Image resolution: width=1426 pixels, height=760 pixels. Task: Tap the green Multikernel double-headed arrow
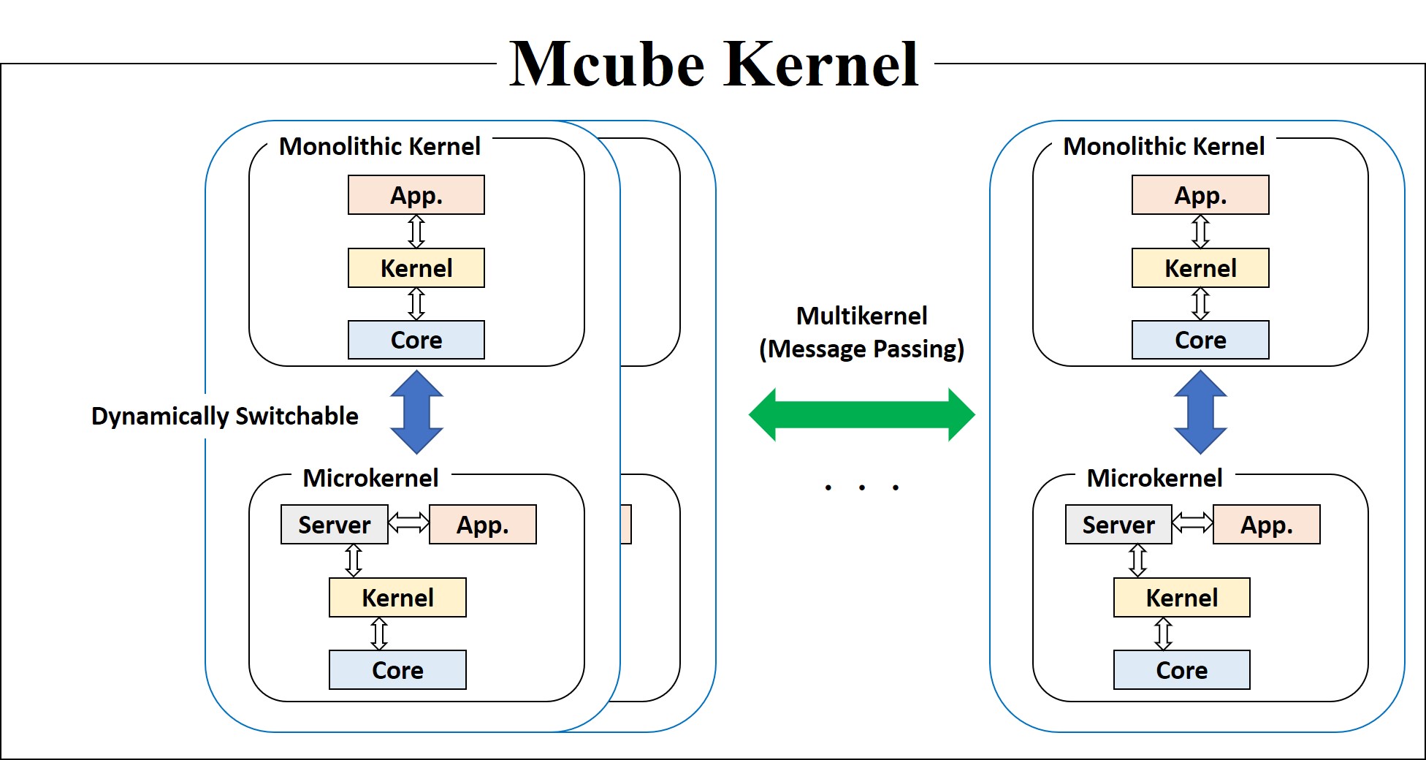pos(862,414)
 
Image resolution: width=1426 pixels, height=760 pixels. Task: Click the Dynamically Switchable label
pos(224,416)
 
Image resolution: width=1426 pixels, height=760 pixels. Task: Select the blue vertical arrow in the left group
pos(416,412)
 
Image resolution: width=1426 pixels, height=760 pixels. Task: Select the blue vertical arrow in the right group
pos(1200,412)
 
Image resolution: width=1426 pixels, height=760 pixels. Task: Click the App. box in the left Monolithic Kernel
pos(416,195)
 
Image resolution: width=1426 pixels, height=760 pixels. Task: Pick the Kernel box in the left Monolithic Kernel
pos(416,268)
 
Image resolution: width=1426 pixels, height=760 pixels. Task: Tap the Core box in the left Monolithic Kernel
pos(416,340)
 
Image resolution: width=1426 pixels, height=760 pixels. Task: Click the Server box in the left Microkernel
pos(334,525)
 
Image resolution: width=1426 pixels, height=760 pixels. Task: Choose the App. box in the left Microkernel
pos(482,525)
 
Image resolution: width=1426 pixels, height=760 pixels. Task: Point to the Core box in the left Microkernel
pos(397,670)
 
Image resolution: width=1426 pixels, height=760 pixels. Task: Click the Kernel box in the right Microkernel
pos(1181,598)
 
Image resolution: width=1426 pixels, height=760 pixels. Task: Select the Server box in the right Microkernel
pos(1118,525)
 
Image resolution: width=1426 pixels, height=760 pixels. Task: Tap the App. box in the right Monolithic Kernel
pos(1200,195)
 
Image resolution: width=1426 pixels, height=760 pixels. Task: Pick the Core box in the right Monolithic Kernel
pos(1200,340)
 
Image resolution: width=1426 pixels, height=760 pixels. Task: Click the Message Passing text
pos(862,349)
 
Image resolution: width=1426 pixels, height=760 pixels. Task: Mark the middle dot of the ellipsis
pos(862,487)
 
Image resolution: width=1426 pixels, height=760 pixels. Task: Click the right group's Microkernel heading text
pos(1154,478)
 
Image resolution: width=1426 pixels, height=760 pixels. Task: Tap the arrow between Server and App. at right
pos(1192,522)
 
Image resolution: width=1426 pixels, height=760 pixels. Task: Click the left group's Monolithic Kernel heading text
pos(379,146)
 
